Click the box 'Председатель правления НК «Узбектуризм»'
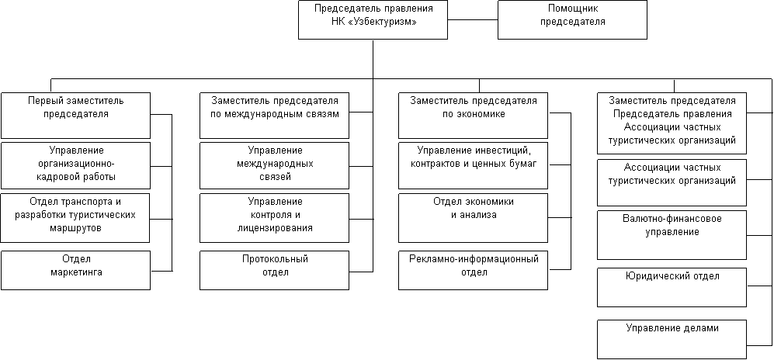pyautogui.click(x=373, y=19)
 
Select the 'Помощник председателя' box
pyautogui.click(x=572, y=19)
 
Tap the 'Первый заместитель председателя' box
pyautogui.click(x=75, y=116)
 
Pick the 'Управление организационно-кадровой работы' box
pyautogui.click(x=75, y=166)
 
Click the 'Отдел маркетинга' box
pyautogui.click(x=75, y=270)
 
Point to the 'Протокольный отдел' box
pyautogui.click(x=275, y=270)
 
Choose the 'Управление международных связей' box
pyautogui.click(x=275, y=166)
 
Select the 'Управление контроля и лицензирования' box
pyautogui.click(x=275, y=218)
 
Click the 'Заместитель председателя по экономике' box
pyautogui.click(x=473, y=116)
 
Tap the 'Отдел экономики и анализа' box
pyautogui.click(x=473, y=218)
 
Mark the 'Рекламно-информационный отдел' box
pyautogui.click(x=473, y=270)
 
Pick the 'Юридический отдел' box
pyautogui.click(x=672, y=288)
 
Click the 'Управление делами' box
pyautogui.click(x=672, y=339)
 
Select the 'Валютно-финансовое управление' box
pyautogui.click(x=672, y=235)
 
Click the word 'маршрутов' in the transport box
pyautogui.click(x=75, y=229)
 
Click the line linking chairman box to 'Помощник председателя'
pyautogui.click(x=473, y=19)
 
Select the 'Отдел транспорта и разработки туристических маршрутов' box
pyautogui.click(x=75, y=218)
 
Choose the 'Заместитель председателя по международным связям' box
pyautogui.click(x=275, y=116)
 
